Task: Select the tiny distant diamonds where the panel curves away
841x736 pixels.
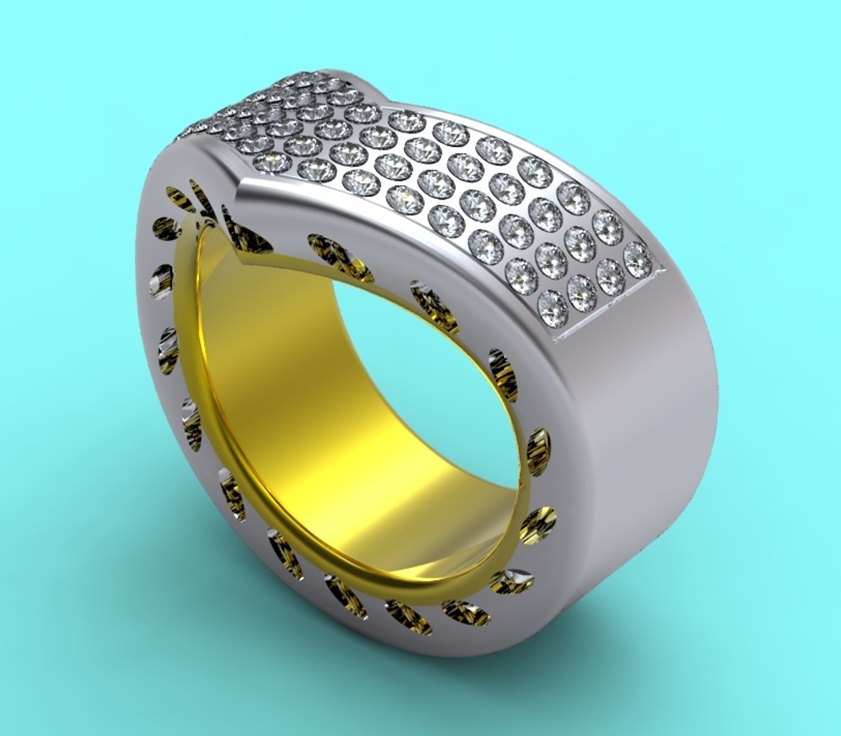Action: (205, 126)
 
